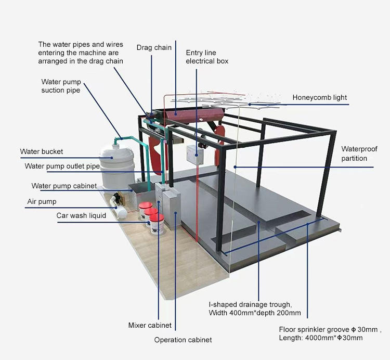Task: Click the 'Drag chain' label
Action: [x=154, y=48]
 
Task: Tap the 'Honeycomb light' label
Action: [x=319, y=97]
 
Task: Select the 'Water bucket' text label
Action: [x=42, y=151]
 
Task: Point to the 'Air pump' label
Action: [x=42, y=201]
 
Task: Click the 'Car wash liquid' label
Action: [x=81, y=215]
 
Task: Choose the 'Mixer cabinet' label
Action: [x=150, y=325]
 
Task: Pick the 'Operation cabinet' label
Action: [x=183, y=340]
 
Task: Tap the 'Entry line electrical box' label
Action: [x=207, y=57]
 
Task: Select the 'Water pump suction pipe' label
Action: [x=61, y=86]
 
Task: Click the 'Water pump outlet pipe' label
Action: [x=62, y=166]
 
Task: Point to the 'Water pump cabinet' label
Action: [x=64, y=186]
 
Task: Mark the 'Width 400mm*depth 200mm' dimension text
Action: [x=255, y=313]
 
